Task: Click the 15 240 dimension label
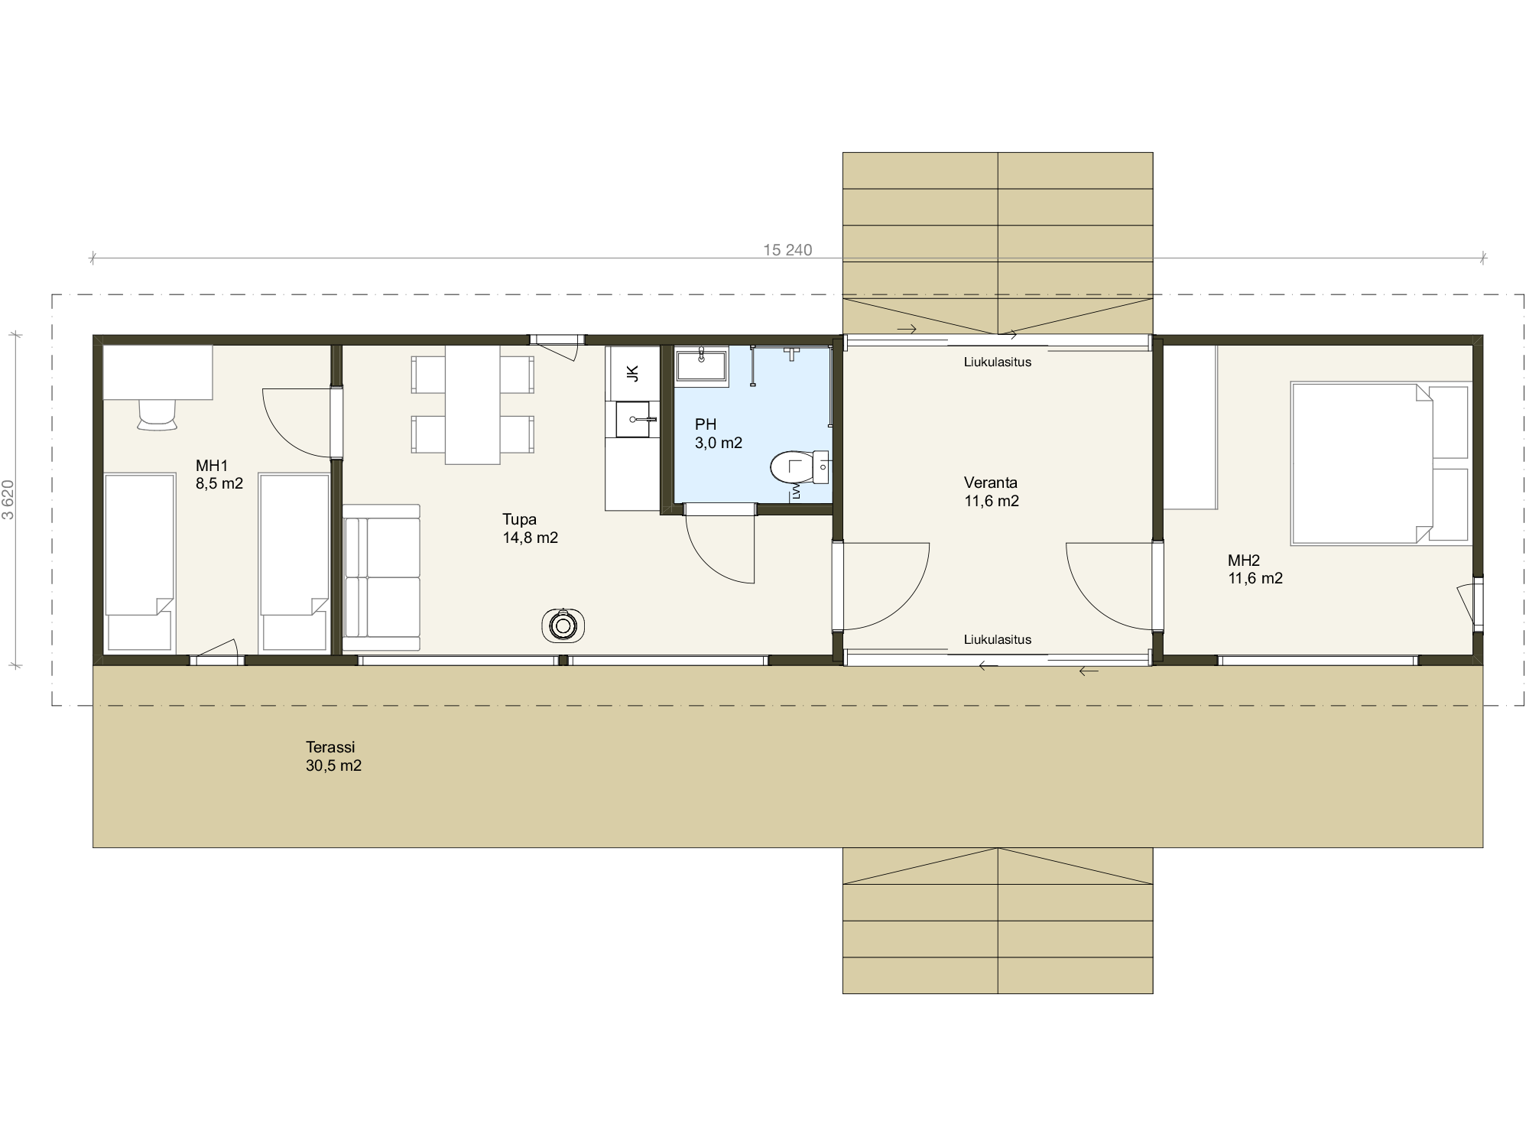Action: (x=787, y=250)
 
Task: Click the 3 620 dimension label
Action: (x=8, y=499)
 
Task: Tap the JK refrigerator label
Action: (x=632, y=373)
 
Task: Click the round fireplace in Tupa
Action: (x=563, y=625)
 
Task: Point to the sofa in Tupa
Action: (x=381, y=577)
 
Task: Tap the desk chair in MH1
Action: (x=157, y=415)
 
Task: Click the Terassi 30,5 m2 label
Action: (x=333, y=756)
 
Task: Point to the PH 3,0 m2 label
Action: (x=719, y=434)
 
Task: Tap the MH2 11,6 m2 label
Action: (x=1255, y=570)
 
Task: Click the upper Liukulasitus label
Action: (x=997, y=362)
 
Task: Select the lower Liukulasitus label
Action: (x=997, y=639)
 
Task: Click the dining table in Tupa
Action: (x=472, y=405)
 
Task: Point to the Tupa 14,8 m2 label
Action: (x=530, y=528)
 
